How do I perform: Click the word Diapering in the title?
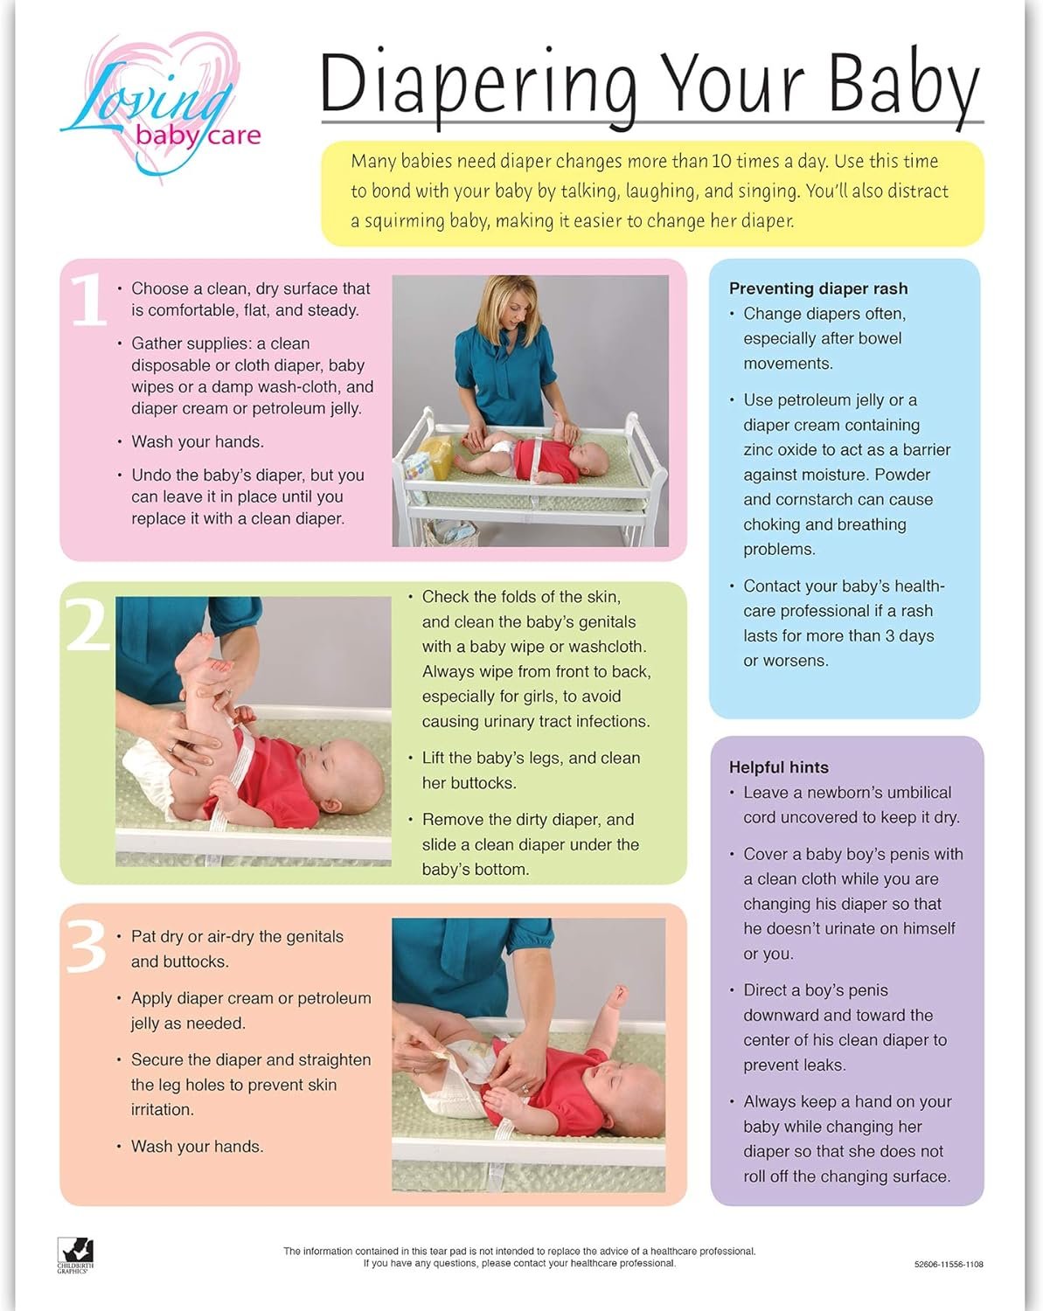coord(478,87)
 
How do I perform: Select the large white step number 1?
coord(89,301)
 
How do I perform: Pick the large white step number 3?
coord(86,946)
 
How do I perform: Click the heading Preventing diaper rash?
coord(818,288)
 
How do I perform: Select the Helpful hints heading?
coord(778,767)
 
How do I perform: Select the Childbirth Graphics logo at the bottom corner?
coord(75,1256)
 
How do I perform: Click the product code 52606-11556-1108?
coord(949,1264)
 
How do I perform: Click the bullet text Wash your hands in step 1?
coord(198,441)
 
